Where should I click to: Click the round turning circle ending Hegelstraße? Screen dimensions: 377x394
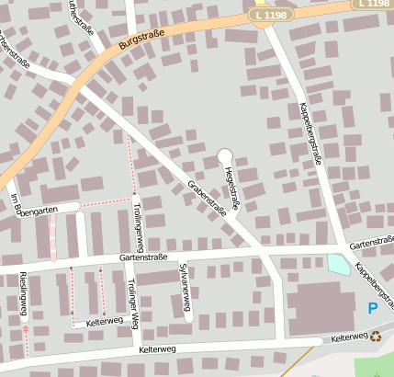point(225,155)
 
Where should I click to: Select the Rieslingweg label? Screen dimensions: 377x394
point(24,294)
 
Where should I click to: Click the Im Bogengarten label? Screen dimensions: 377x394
point(33,206)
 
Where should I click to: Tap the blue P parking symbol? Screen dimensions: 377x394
point(372,308)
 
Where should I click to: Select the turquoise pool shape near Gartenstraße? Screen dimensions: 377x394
point(339,264)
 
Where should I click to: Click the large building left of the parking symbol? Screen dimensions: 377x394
point(321,307)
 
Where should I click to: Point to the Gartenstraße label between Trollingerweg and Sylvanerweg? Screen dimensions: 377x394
point(143,257)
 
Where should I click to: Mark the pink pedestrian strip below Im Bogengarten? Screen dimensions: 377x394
point(52,241)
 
